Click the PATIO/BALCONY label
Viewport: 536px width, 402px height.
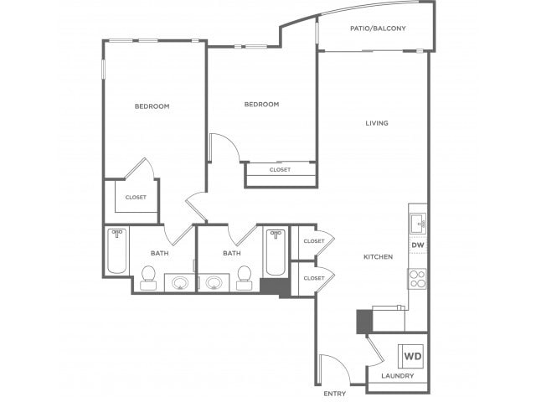(378, 28)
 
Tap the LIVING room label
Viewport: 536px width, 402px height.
(377, 123)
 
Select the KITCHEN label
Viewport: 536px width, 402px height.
(378, 257)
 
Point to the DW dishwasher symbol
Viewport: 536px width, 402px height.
(418, 245)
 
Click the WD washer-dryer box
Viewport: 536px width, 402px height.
(413, 356)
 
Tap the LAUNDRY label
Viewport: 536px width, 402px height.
(398, 376)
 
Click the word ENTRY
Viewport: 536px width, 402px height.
(335, 394)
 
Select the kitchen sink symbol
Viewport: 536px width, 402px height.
(418, 224)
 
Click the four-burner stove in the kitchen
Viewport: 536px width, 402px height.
(417, 279)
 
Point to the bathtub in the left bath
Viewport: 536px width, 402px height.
(117, 251)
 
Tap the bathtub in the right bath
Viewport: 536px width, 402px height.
(276, 252)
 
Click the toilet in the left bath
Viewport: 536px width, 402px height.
(148, 277)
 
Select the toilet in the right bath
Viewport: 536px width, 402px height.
(244, 277)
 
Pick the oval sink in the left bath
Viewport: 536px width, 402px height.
(180, 283)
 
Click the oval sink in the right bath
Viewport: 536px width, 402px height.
(214, 283)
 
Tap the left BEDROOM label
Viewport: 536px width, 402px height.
(152, 106)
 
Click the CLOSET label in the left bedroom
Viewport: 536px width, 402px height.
(136, 198)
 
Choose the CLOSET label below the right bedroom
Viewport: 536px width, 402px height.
(280, 169)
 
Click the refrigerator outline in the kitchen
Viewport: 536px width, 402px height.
(389, 318)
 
